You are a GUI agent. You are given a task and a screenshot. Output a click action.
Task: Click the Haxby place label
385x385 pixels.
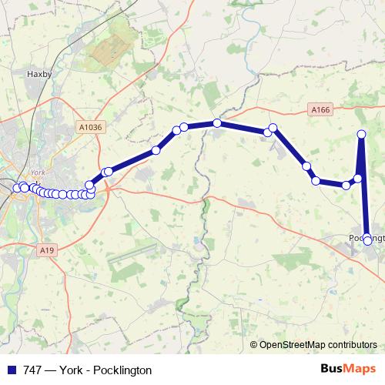(x=38, y=75)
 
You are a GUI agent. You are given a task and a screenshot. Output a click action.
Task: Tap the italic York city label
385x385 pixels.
(x=36, y=172)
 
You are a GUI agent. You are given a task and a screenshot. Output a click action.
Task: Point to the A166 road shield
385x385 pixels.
(x=322, y=111)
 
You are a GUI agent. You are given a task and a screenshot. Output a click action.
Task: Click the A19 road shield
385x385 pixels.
(x=48, y=249)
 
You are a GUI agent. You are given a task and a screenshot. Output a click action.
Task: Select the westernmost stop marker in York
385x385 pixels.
(x=16, y=188)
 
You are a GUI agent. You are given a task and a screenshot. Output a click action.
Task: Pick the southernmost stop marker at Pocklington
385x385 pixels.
(x=368, y=240)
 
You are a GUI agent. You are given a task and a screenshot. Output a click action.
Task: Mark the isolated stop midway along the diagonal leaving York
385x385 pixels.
(x=156, y=150)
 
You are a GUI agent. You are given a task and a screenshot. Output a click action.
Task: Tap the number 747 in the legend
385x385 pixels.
(x=33, y=370)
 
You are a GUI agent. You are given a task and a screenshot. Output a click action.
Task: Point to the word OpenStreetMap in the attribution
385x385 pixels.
(x=292, y=344)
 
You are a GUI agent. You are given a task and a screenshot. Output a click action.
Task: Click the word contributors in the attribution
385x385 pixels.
(x=351, y=344)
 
